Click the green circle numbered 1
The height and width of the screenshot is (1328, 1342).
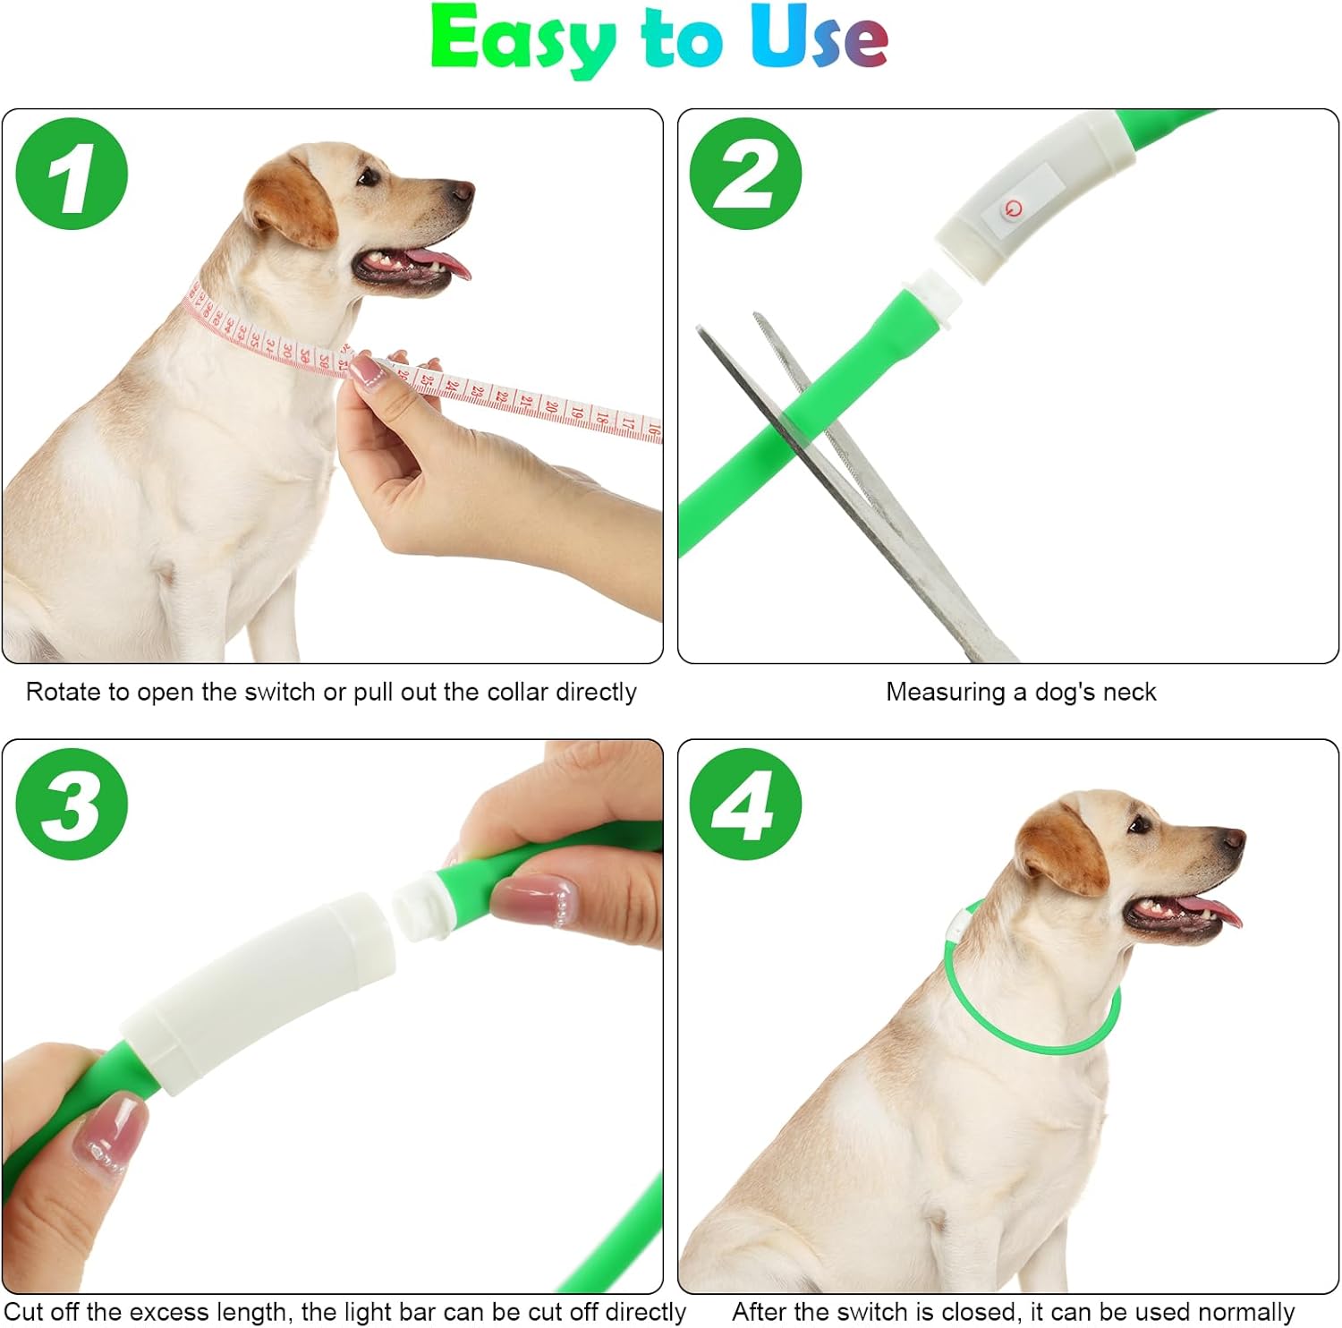click(x=72, y=174)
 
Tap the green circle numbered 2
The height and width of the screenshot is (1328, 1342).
click(x=745, y=174)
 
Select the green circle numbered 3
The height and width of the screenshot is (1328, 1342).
click(x=72, y=804)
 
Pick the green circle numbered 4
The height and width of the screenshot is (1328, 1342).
click(x=745, y=804)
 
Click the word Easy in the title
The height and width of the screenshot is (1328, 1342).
click(x=523, y=39)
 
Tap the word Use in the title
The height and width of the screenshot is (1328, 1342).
click(x=819, y=38)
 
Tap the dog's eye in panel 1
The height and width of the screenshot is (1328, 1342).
click(x=368, y=177)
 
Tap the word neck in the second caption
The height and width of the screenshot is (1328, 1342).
click(x=1133, y=692)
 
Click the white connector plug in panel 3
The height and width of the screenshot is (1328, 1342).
click(x=420, y=907)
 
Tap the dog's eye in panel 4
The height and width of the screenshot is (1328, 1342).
click(x=1138, y=825)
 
